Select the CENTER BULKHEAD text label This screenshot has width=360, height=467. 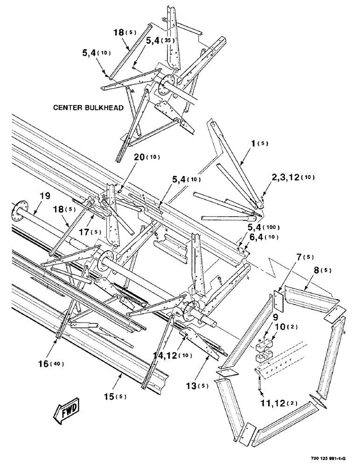point(88,108)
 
